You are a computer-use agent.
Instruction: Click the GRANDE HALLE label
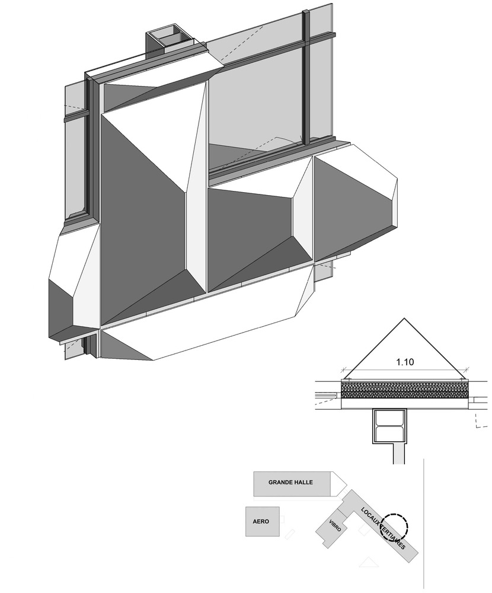[x=290, y=482]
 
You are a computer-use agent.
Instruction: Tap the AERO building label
[x=261, y=521]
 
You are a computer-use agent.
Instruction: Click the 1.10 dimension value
[x=405, y=362]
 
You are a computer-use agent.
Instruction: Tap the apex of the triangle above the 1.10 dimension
[x=404, y=318]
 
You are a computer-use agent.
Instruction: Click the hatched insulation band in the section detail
[x=405, y=390]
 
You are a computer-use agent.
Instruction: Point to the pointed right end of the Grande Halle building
[x=346, y=484]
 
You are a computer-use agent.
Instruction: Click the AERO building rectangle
[x=263, y=521]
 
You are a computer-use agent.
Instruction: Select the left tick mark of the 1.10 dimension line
[x=344, y=369]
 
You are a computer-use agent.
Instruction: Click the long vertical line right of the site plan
[x=424, y=525]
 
